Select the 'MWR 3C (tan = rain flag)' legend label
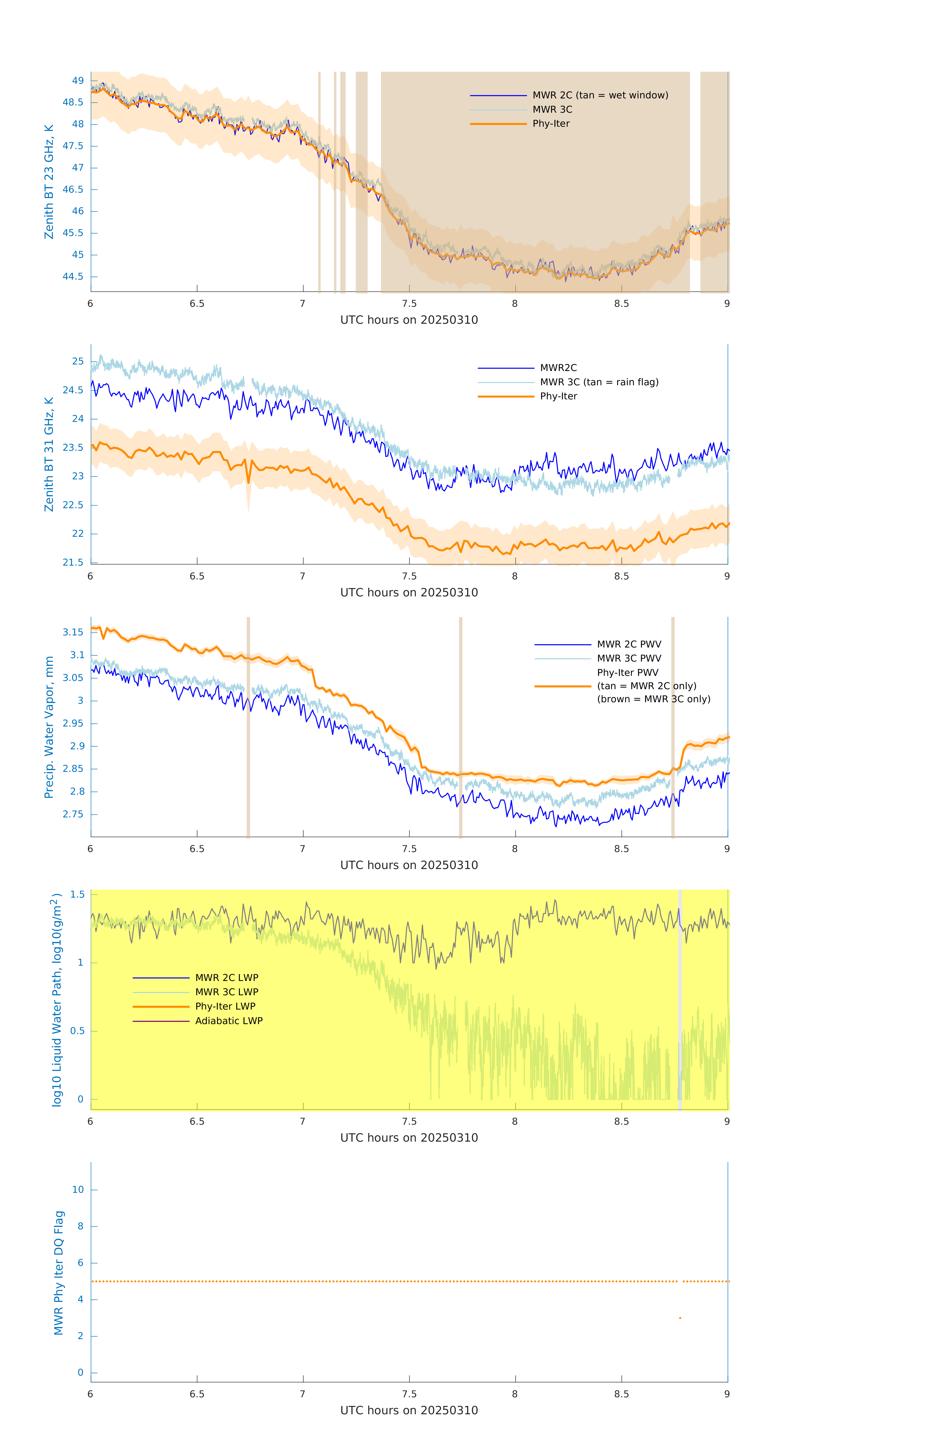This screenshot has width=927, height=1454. pyautogui.click(x=598, y=382)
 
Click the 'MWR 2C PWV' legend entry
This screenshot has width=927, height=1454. pyautogui.click(x=629, y=644)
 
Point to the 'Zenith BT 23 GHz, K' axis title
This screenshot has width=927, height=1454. pyautogui.click(x=49, y=182)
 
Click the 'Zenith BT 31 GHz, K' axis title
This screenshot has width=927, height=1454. pyautogui.click(x=49, y=454)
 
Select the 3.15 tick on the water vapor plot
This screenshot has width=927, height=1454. pyautogui.click(x=73, y=632)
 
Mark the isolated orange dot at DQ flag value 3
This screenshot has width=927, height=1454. pyautogui.click(x=680, y=1318)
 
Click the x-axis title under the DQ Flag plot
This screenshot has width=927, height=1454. pyautogui.click(x=409, y=1411)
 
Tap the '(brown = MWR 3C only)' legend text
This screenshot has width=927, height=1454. pyautogui.click(x=653, y=699)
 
